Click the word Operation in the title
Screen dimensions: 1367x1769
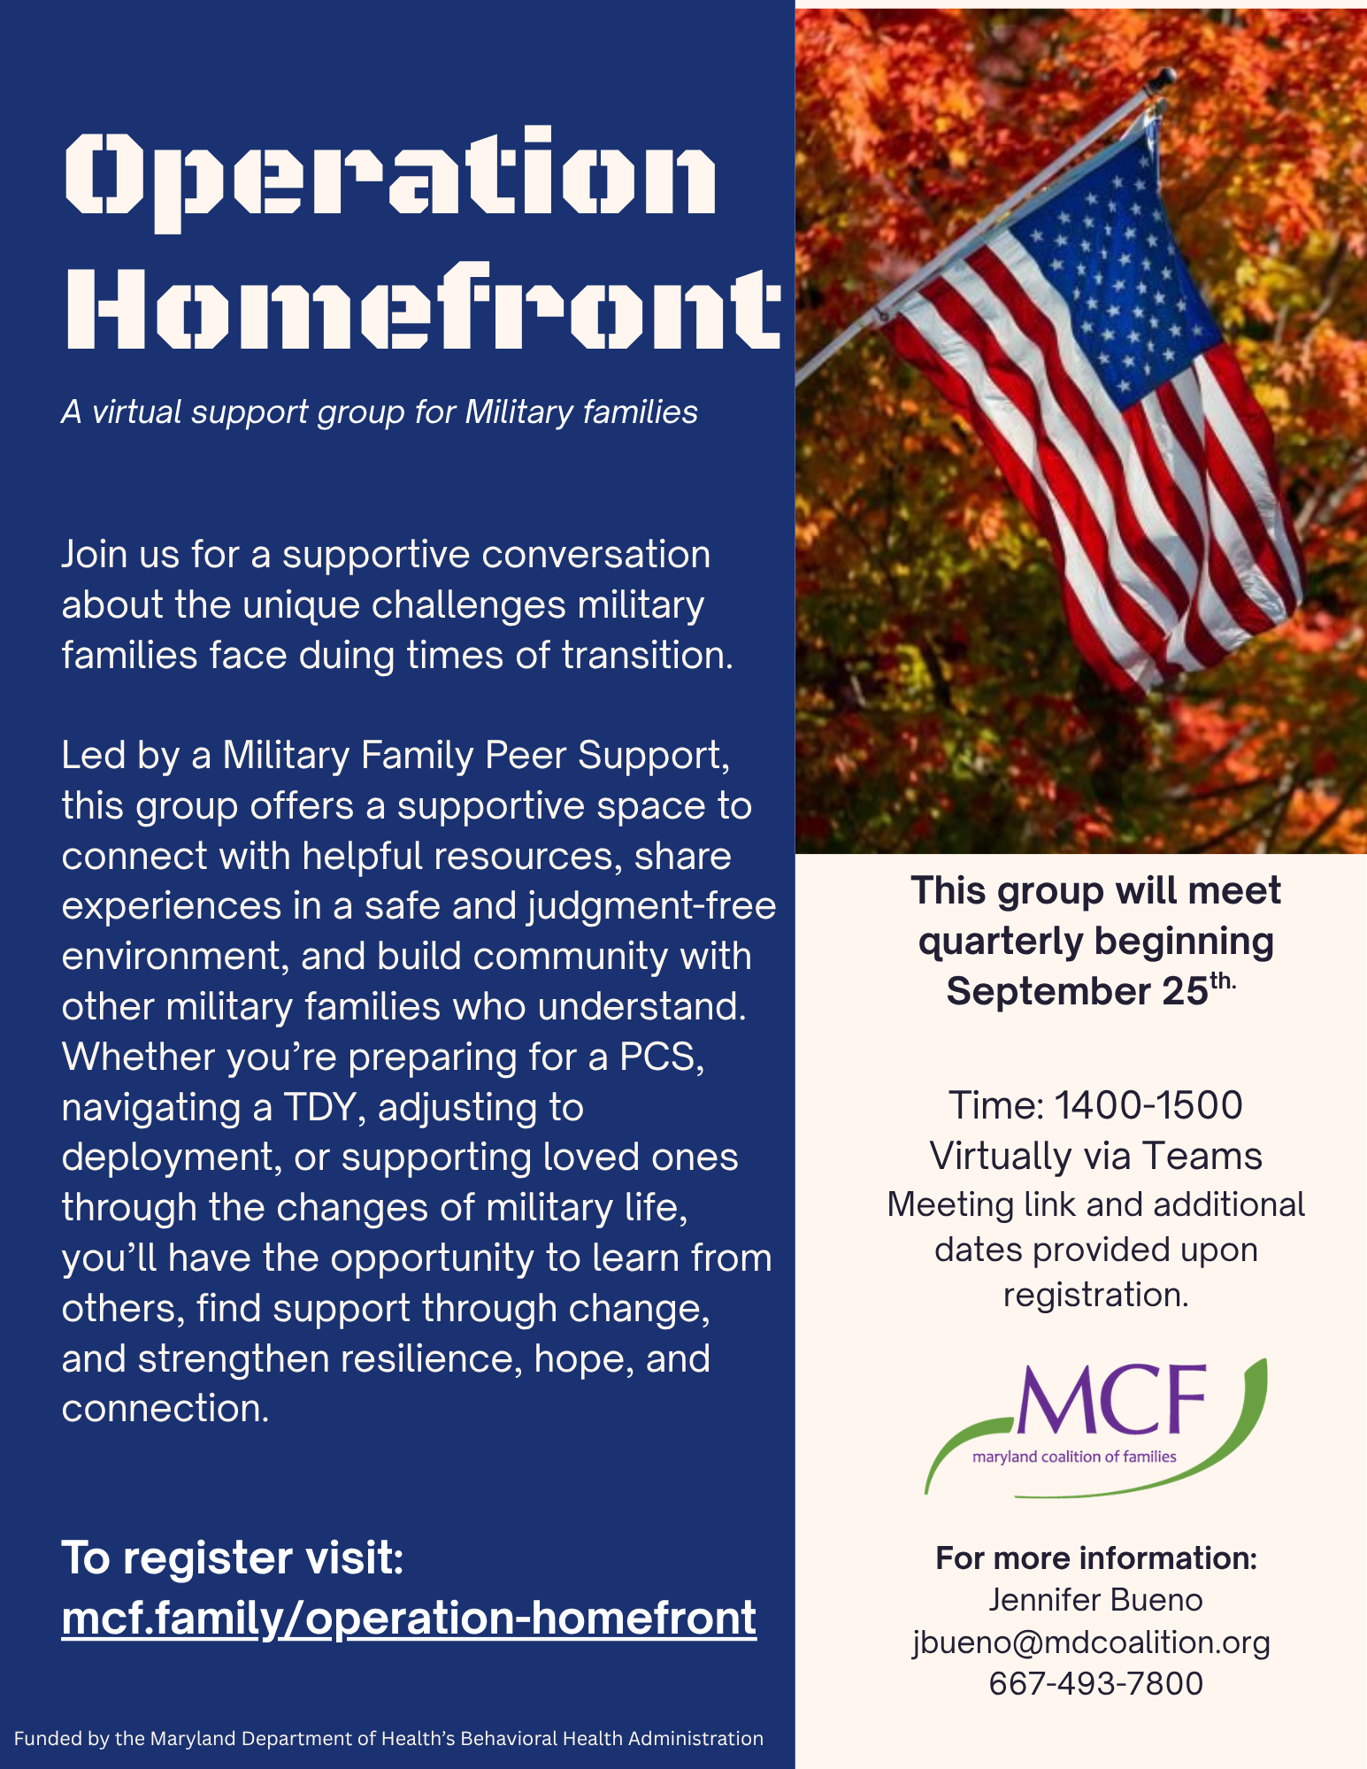(390, 179)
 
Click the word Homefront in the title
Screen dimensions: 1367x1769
(423, 305)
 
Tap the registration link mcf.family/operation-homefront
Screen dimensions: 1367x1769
(409, 1619)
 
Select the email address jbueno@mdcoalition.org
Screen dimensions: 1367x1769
(1092, 1642)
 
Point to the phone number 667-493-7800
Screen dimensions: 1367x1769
(1095, 1683)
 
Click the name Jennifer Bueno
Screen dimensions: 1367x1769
(1095, 1600)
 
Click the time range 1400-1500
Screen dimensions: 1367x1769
(1148, 1105)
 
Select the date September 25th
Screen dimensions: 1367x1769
(1090, 991)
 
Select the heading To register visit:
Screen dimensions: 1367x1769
(233, 1557)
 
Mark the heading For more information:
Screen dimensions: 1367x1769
(1096, 1557)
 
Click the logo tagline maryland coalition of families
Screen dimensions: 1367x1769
(1074, 1457)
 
